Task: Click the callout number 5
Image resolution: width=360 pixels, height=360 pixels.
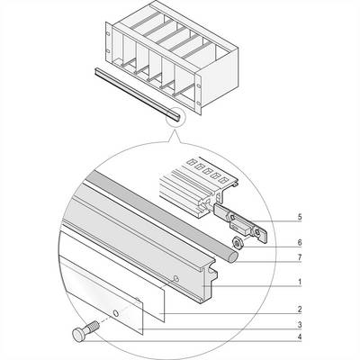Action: click(300, 217)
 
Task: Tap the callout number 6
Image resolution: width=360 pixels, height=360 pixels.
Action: click(300, 242)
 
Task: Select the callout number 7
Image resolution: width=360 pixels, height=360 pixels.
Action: click(300, 257)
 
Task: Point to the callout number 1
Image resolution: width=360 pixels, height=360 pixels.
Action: click(300, 282)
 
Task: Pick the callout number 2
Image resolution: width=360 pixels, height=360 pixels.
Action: click(300, 310)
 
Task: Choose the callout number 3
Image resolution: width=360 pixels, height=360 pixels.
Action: click(300, 325)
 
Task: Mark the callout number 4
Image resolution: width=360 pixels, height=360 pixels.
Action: click(300, 337)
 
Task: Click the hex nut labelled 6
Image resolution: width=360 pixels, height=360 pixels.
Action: click(238, 242)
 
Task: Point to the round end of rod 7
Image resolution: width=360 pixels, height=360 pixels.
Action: click(233, 257)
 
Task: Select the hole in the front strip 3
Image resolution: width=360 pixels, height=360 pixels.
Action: click(115, 313)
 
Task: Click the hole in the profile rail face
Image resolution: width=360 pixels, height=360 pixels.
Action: click(176, 279)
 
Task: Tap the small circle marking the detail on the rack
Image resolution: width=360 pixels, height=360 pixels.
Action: click(176, 119)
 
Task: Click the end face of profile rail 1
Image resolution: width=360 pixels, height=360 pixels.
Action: click(209, 281)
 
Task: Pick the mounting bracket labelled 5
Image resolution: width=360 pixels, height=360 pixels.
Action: click(241, 222)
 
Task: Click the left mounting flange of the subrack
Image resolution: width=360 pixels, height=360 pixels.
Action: click(109, 42)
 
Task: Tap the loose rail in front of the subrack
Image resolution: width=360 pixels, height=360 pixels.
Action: click(139, 94)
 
